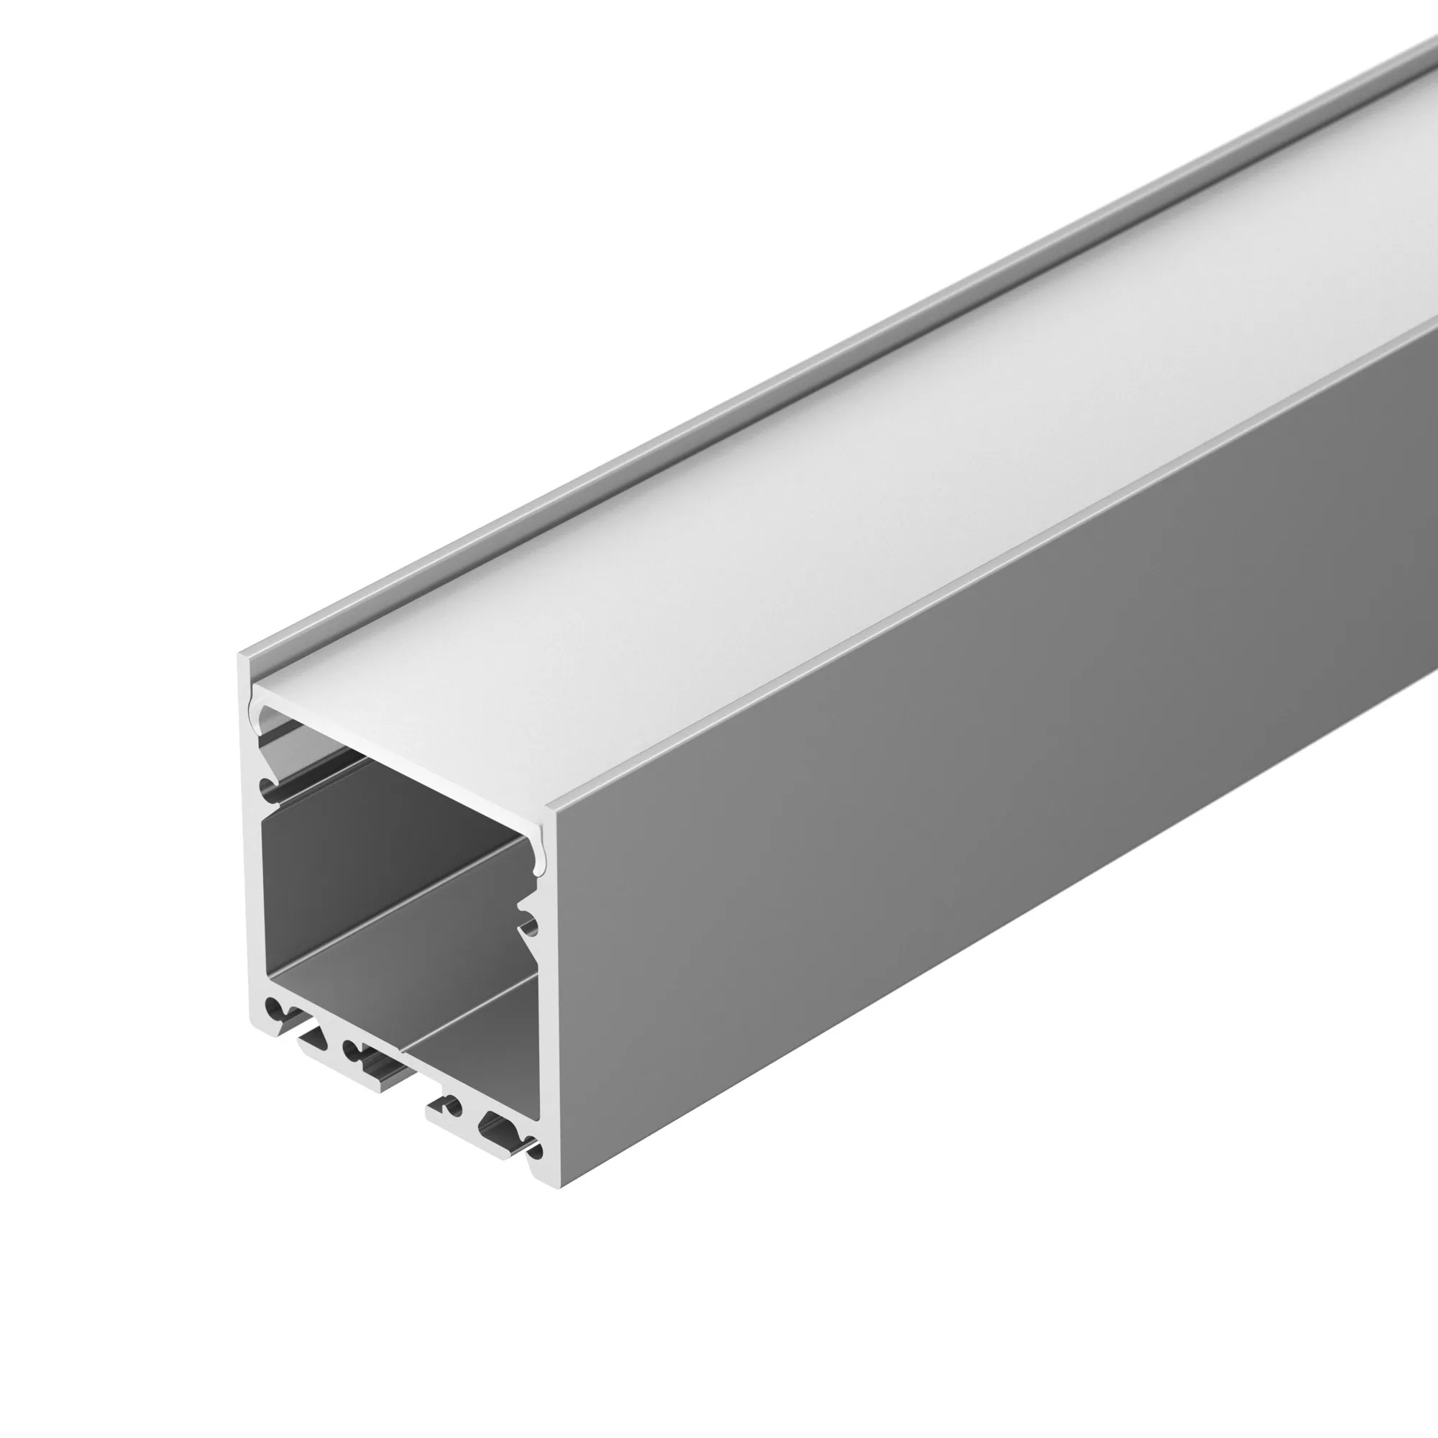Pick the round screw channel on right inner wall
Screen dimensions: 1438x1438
click(530, 927)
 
